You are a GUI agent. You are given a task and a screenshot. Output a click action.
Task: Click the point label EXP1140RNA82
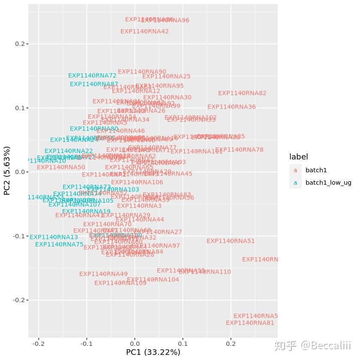coord(242,93)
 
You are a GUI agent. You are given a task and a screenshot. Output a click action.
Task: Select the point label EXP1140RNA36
coord(231,107)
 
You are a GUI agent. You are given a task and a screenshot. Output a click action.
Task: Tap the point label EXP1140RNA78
coord(239,150)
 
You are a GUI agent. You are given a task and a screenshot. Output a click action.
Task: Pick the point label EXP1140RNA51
coord(231,241)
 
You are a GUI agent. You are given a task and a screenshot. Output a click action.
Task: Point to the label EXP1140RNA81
coord(250,323)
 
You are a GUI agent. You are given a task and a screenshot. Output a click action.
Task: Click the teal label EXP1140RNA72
coord(92,75)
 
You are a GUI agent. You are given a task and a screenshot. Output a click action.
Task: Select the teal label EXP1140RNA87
coord(94,84)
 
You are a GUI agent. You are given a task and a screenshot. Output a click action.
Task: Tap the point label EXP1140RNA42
coord(144,31)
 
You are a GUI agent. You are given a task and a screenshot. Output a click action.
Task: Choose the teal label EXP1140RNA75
coord(59,244)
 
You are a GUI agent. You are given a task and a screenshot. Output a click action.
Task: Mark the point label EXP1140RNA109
coord(120,283)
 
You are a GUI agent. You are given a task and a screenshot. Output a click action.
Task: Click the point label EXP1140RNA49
coord(103,274)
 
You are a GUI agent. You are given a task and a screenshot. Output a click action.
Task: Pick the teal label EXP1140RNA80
coord(94,129)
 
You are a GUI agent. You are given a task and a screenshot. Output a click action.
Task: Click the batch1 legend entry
coord(316,170)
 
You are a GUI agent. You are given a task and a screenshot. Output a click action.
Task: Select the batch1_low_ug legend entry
coord(328,183)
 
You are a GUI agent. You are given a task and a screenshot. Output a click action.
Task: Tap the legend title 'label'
coord(298,156)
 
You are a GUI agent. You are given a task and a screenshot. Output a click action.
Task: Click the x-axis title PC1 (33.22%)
coord(153,352)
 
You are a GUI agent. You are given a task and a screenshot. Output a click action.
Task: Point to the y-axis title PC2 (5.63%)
coord(7,171)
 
